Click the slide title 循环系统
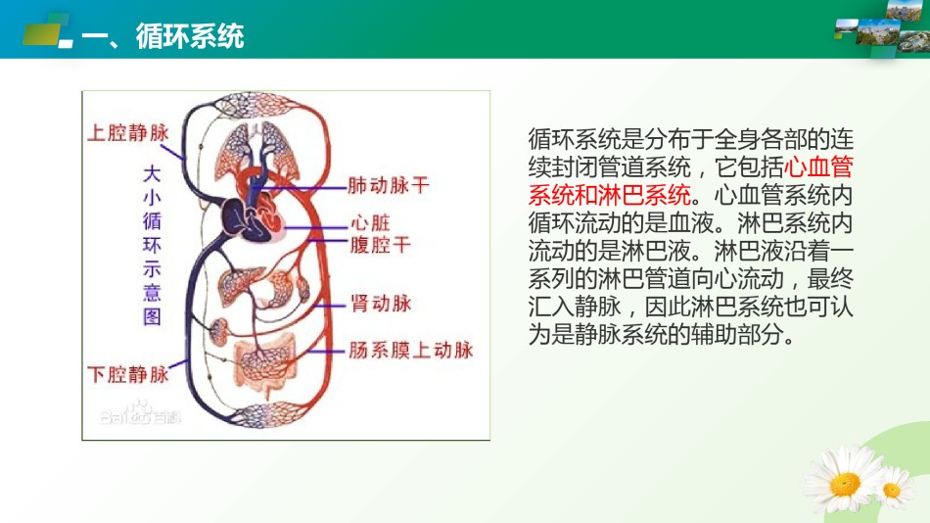pos(190,36)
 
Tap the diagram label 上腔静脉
pos(128,132)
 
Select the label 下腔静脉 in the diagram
pos(128,374)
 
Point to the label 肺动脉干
pos(389,185)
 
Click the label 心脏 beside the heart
pos(371,223)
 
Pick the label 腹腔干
pos(381,245)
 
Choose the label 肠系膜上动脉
pos(411,350)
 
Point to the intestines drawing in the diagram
pos(265,363)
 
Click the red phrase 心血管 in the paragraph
pos(818,166)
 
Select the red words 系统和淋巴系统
pos(610,195)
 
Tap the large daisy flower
pos(842,480)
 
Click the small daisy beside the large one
pos(893,489)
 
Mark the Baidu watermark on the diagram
pos(139,413)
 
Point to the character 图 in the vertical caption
pos(152,316)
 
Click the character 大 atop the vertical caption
pos(152,174)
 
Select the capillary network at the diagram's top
pos(256,106)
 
